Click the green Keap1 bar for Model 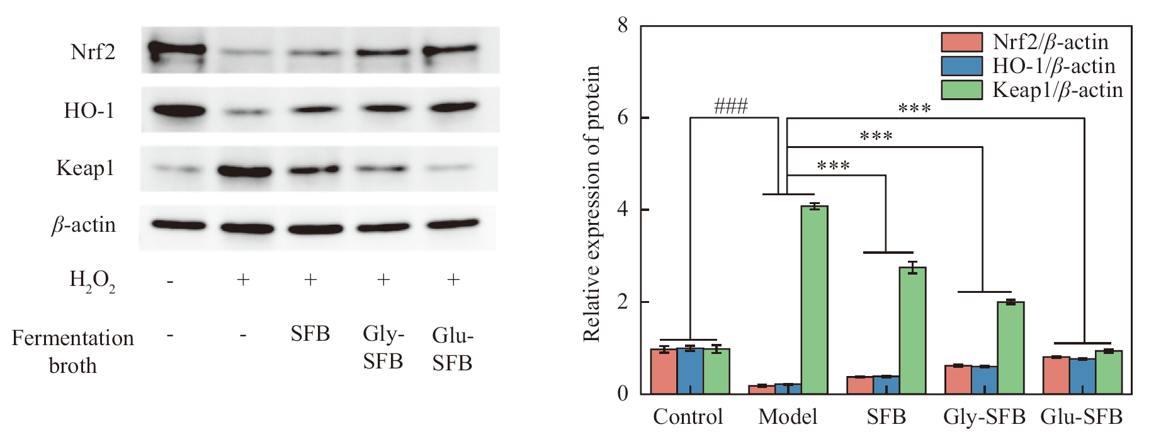coord(814,300)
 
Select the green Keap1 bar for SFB coord(912,331)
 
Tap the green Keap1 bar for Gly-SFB coord(1011,348)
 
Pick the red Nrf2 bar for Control coord(664,371)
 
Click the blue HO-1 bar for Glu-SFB coord(1082,376)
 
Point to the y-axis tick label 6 coord(623,118)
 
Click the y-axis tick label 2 coord(623,302)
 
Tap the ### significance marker coord(730,106)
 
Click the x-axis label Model coord(788,417)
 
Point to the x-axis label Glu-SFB coord(1081,417)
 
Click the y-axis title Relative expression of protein coord(592,204)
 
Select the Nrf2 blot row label coord(93,52)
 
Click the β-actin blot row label coord(84,225)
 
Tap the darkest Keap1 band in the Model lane coord(244,171)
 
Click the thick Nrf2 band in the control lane coord(178,49)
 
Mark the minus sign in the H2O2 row coord(170,280)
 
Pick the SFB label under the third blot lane coord(310,334)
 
